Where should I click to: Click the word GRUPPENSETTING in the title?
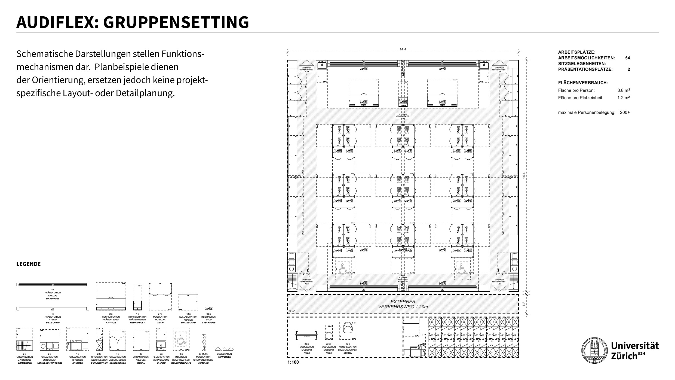click(176, 22)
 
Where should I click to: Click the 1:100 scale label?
click(293, 362)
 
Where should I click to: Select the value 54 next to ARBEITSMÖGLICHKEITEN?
click(627, 58)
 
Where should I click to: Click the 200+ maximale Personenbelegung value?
click(625, 113)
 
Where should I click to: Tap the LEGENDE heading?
click(29, 264)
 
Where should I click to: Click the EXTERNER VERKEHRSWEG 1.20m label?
click(403, 304)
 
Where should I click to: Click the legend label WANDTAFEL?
click(53, 299)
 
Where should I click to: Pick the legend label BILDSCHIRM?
click(53, 323)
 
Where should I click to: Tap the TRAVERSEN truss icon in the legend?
click(224, 349)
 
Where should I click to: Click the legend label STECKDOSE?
click(208, 323)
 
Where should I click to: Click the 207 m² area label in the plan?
click(292, 288)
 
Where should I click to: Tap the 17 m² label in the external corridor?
click(292, 311)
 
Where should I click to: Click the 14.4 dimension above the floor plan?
click(403, 49)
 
